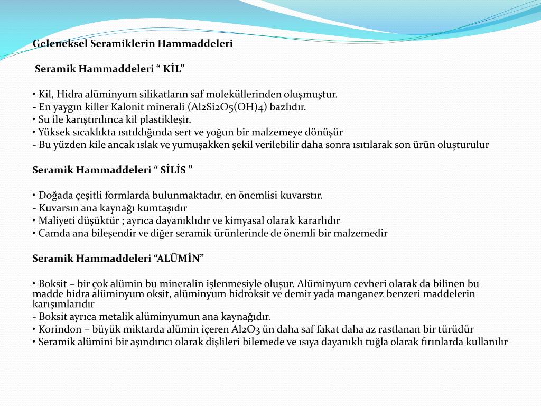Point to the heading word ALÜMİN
click(x=178, y=259)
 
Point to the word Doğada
click(x=54, y=196)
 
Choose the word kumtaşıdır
click(x=163, y=208)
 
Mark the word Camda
click(x=53, y=234)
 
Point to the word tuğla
click(x=375, y=342)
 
